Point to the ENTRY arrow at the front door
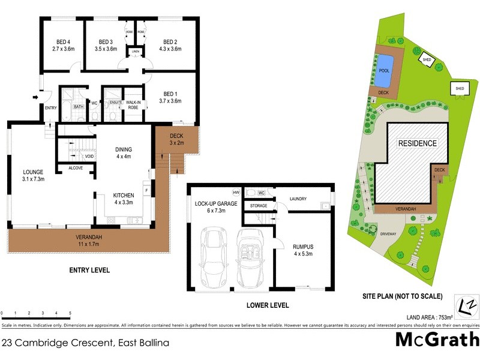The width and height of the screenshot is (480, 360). [35, 97]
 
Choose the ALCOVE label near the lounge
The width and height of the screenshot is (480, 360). [75, 168]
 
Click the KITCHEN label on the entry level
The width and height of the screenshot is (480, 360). [123, 196]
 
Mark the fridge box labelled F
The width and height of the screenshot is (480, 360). [146, 191]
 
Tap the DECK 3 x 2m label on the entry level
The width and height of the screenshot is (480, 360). [176, 139]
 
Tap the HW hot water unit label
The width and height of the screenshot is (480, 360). [236, 192]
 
